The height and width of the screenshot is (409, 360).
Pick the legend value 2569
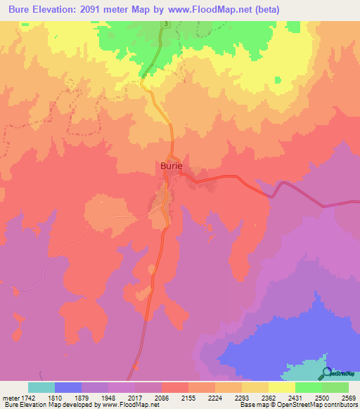click(x=349, y=398)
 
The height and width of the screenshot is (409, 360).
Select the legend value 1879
click(x=82, y=398)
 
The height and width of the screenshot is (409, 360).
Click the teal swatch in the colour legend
click(x=41, y=387)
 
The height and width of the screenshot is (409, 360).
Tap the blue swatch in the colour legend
click(x=68, y=387)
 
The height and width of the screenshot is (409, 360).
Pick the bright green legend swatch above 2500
click(x=309, y=387)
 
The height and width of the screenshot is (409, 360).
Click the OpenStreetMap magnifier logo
click(x=326, y=373)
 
